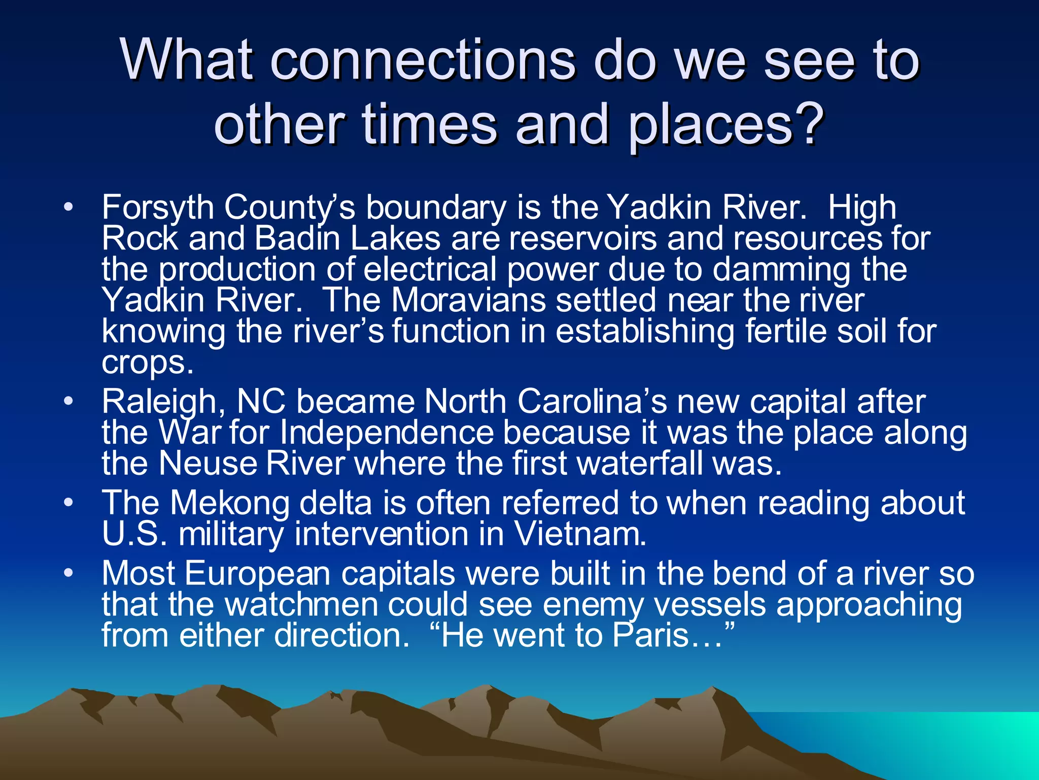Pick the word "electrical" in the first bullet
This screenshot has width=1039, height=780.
pyautogui.click(x=430, y=269)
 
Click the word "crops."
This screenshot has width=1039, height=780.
pyautogui.click(x=147, y=363)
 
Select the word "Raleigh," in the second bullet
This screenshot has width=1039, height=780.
pyautogui.click(x=163, y=402)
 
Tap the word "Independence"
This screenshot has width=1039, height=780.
pyautogui.click(x=387, y=433)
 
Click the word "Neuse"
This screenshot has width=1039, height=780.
pyautogui.click(x=208, y=464)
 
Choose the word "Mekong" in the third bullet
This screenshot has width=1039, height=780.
pyautogui.click(x=229, y=503)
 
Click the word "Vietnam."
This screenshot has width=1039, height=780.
pyautogui.click(x=580, y=534)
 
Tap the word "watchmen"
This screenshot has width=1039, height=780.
pyautogui.click(x=301, y=604)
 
